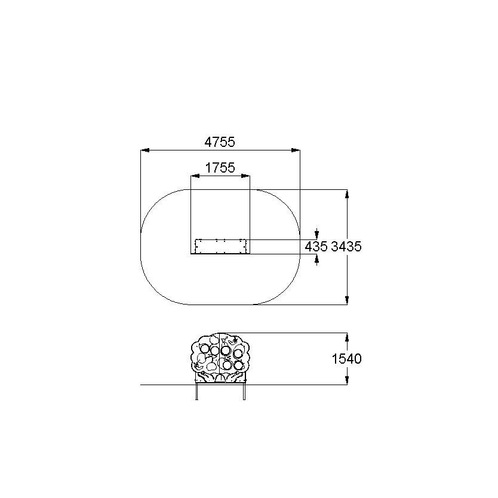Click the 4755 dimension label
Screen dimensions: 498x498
(220, 142)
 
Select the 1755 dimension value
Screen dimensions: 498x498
(220, 168)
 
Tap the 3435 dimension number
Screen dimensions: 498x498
(346, 247)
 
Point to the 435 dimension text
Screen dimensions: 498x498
(316, 247)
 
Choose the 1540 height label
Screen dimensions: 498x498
(346, 359)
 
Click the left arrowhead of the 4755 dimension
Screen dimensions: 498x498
(145, 150)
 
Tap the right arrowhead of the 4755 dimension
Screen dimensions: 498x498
(296, 150)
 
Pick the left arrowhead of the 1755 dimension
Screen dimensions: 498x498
(195, 176)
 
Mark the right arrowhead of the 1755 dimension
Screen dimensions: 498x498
(245, 176)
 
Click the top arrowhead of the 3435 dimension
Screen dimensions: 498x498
(347, 193)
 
